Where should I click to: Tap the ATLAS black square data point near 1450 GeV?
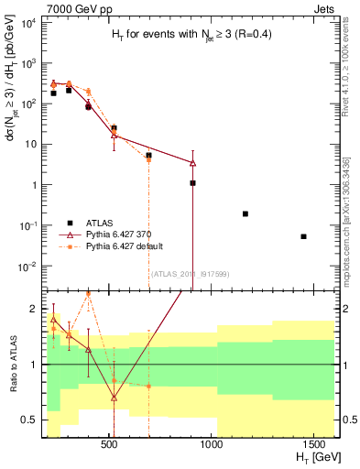303,236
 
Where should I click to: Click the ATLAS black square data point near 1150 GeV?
245,213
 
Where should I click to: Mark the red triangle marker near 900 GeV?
192,162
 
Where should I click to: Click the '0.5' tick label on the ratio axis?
27,420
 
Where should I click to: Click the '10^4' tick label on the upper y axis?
27,23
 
